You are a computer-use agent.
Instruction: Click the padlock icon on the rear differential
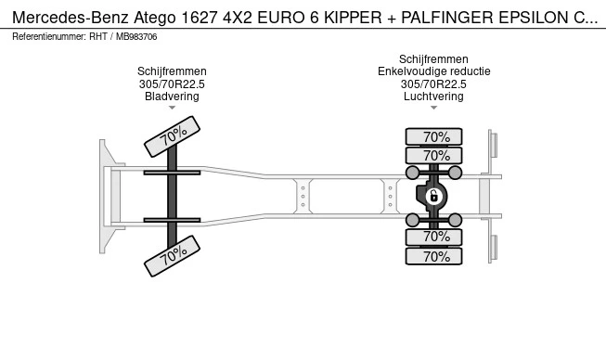433,196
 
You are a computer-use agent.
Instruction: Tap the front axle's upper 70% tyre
172,136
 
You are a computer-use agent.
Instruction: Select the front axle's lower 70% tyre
172,256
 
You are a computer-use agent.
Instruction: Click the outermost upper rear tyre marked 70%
433,136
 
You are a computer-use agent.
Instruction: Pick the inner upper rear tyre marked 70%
433,155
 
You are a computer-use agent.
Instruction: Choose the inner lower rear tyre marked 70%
433,237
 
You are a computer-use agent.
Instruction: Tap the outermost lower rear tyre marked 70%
433,256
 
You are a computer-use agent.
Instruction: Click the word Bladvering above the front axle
172,96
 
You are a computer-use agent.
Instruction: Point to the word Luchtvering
433,96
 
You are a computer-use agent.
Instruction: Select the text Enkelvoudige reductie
434,71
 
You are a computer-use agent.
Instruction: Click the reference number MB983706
136,37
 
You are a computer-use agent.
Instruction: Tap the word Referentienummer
49,37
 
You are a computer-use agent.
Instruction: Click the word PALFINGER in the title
447,18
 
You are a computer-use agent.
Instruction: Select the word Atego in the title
155,18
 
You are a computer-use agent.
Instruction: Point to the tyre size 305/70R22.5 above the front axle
172,84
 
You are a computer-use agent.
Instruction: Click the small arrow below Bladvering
172,108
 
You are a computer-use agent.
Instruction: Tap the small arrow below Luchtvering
433,108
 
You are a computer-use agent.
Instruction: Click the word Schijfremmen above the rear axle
433,59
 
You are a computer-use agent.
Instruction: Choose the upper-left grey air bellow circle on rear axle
412,173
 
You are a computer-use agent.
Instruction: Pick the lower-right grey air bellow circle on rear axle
456,220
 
